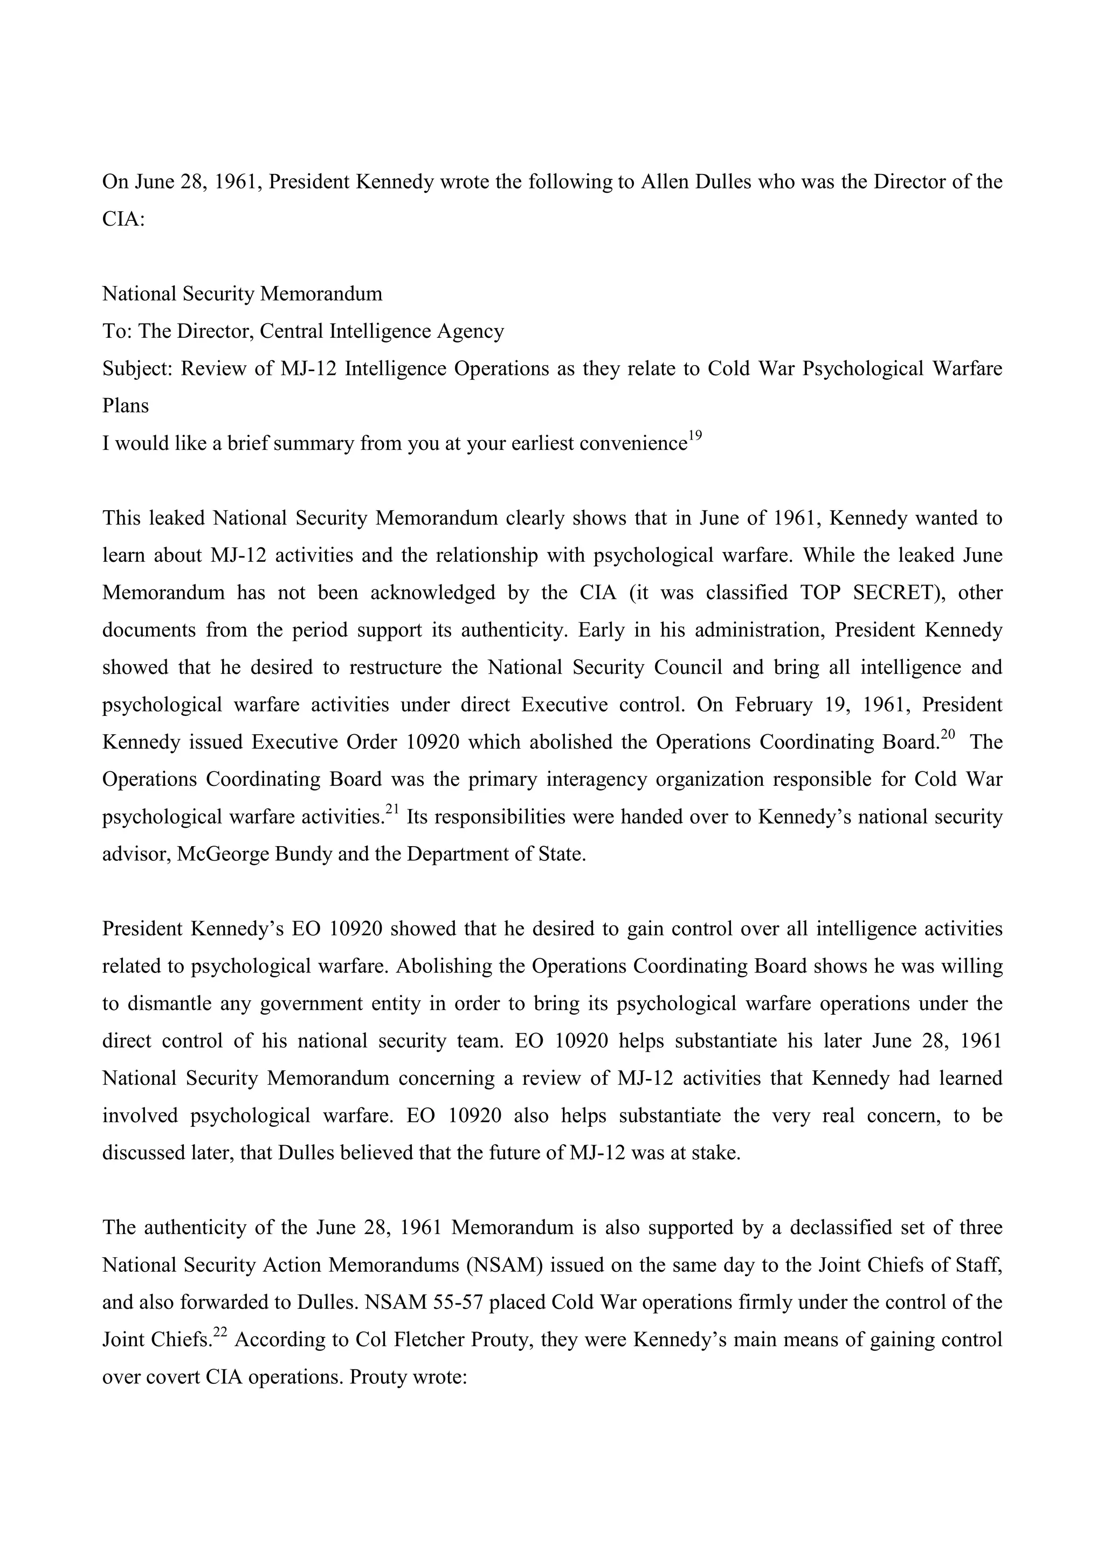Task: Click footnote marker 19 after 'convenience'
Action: (694, 436)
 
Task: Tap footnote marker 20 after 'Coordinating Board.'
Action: (948, 734)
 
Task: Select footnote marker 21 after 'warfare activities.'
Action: (392, 809)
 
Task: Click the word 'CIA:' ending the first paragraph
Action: (124, 220)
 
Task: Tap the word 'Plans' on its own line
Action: (125, 406)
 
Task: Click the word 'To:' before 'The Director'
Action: (116, 331)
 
